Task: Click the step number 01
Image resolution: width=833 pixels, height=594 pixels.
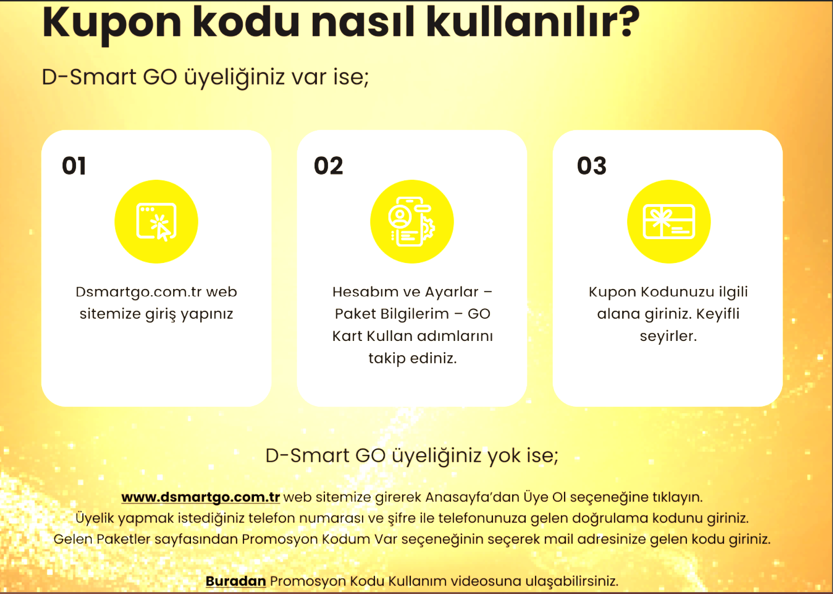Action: coord(74,166)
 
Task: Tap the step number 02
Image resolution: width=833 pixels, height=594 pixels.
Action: coord(329,166)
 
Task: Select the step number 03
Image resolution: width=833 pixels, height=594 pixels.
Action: coord(592,166)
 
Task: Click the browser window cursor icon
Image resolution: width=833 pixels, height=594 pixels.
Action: coord(156,222)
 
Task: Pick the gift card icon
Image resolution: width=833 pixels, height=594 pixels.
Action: coord(669,222)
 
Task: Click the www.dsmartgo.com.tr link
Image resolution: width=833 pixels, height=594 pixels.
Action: coord(201,497)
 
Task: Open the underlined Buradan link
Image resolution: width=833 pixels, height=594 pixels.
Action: coord(236,581)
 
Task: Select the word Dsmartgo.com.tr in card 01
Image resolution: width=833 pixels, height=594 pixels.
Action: coord(139,292)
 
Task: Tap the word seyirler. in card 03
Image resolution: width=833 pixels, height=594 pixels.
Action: coord(668,336)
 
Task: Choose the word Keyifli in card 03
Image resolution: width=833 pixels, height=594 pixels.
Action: coord(718,314)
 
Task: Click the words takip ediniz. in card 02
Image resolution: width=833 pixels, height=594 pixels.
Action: coord(413,358)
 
